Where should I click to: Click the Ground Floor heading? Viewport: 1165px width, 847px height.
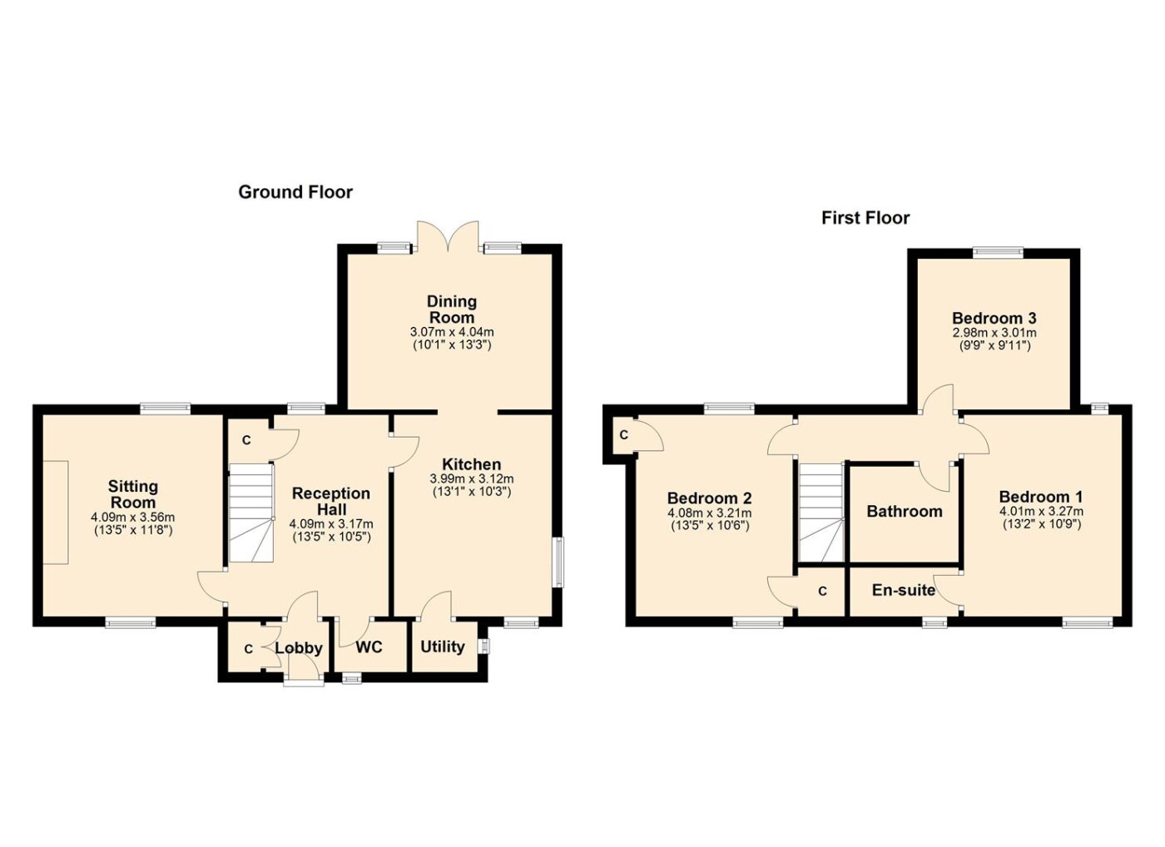[295, 192]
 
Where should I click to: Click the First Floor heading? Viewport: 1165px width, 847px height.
[865, 218]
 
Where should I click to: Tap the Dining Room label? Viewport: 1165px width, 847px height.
[451, 310]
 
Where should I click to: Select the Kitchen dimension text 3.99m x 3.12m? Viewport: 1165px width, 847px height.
[472, 478]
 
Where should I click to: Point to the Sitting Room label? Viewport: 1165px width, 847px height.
[132, 494]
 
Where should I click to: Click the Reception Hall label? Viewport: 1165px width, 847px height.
[331, 501]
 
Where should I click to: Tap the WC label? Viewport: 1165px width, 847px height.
[369, 647]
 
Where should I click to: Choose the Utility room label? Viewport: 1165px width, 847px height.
[443, 647]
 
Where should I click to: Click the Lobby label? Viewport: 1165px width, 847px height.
[299, 649]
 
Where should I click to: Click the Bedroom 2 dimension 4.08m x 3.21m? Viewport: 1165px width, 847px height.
[709, 513]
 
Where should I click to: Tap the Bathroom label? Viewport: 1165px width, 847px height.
[905, 511]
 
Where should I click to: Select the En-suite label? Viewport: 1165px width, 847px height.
[904, 590]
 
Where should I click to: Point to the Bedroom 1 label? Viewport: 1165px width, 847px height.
[1041, 496]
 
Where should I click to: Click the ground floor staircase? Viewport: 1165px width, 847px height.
[251, 513]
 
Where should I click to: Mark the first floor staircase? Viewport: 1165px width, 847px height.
[820, 513]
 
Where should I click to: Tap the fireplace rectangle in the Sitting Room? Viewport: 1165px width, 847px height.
[55, 513]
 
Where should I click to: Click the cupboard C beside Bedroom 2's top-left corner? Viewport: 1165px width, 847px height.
[623, 435]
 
